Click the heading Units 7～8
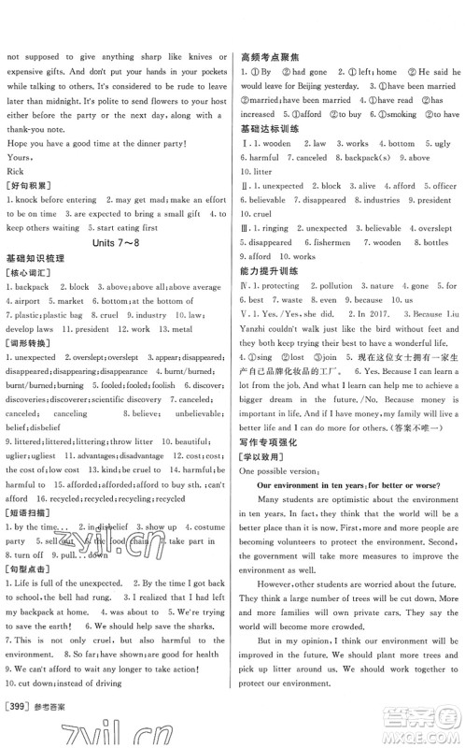(x=116, y=242)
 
